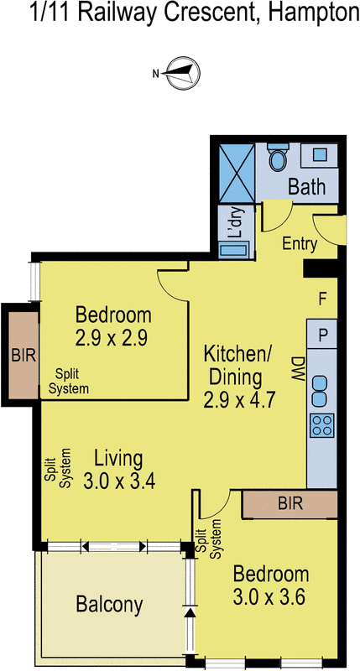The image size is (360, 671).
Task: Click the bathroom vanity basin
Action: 320,155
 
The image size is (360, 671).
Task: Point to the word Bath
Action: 306,186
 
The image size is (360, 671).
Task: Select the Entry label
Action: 300,244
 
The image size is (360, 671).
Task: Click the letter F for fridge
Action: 322,298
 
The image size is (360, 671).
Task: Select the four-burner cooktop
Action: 321,425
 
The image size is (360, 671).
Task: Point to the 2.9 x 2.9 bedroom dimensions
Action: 112,340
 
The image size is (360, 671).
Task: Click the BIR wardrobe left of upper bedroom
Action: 23,355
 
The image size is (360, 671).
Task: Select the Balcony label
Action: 109,604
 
